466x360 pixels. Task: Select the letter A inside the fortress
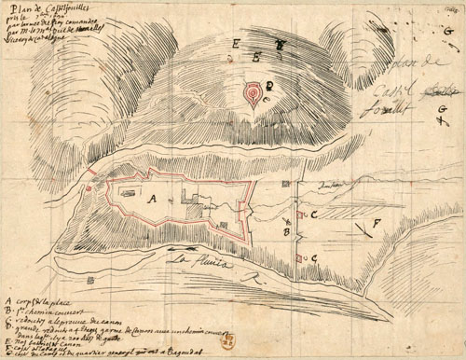[x=150, y=198]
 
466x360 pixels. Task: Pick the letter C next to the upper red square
[x=315, y=214]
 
